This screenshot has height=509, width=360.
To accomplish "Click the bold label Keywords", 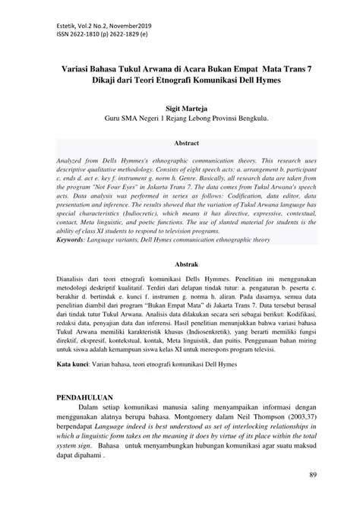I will (77, 239).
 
